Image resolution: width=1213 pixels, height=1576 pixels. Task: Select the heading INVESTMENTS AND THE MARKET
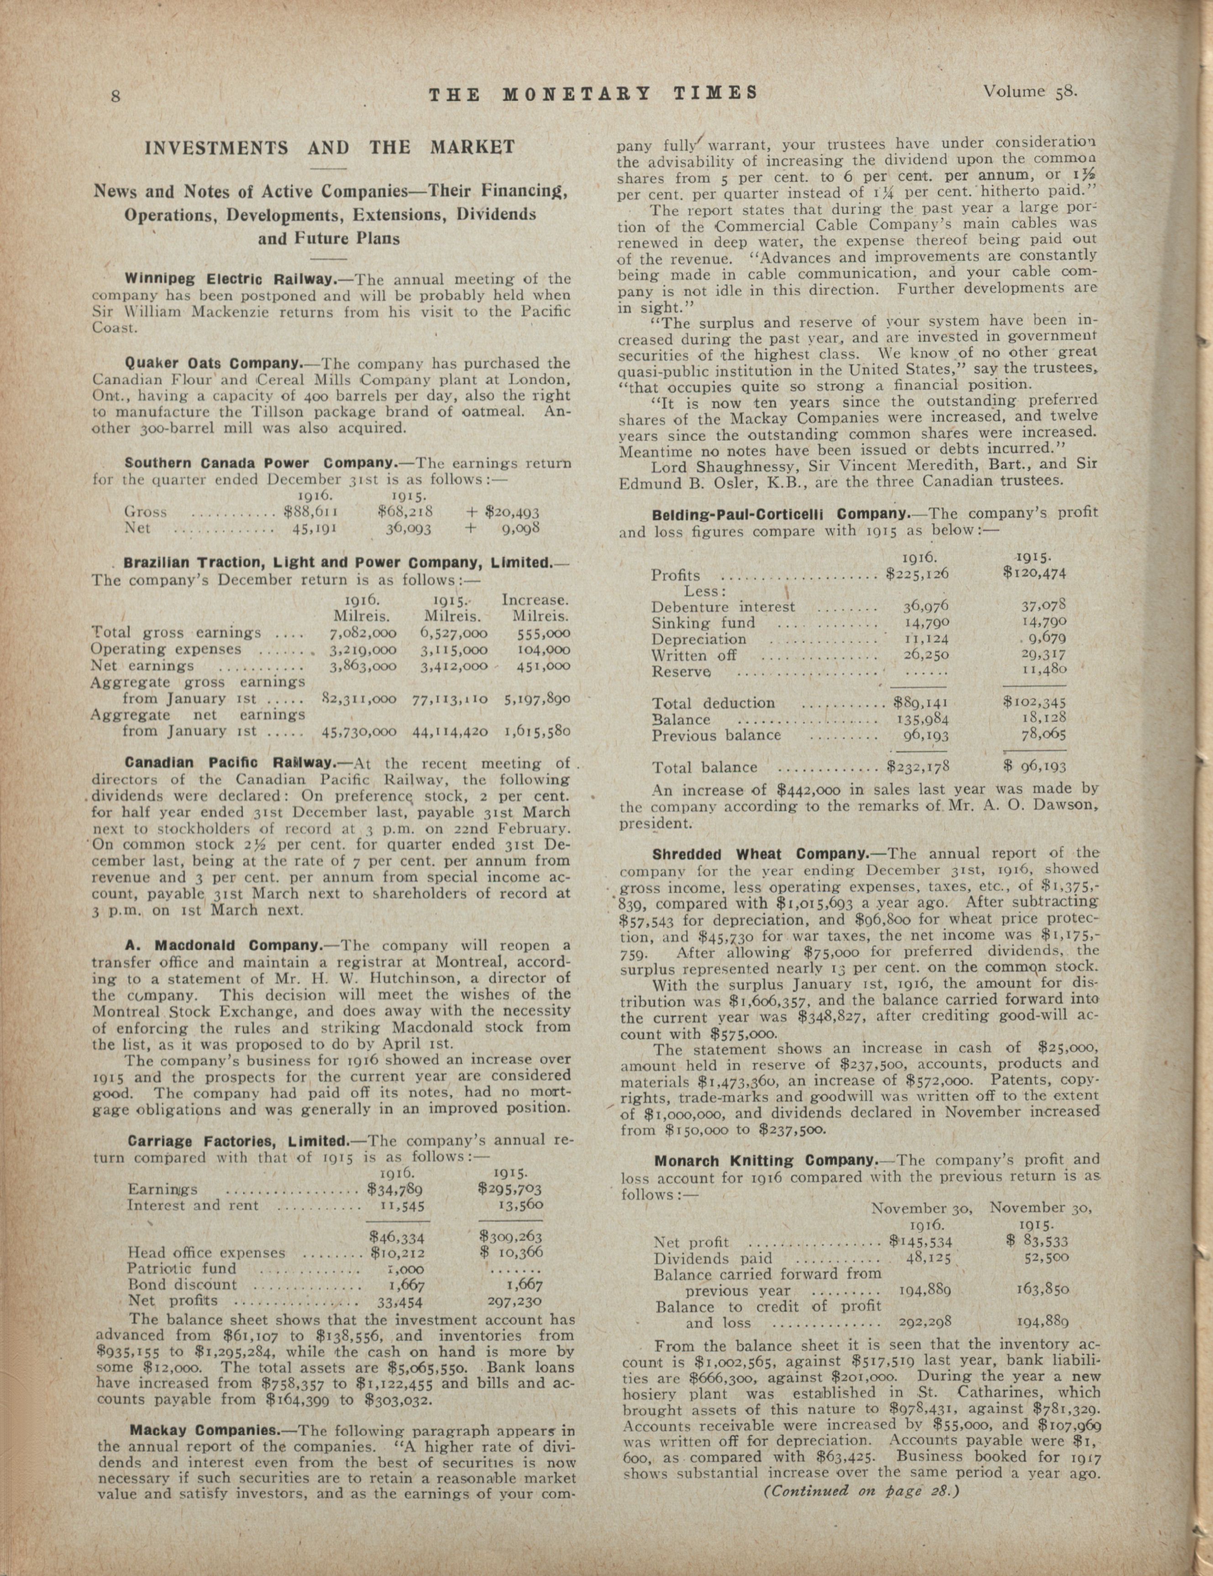[x=331, y=148]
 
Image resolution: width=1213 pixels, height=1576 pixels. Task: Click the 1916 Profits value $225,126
[x=916, y=575]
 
